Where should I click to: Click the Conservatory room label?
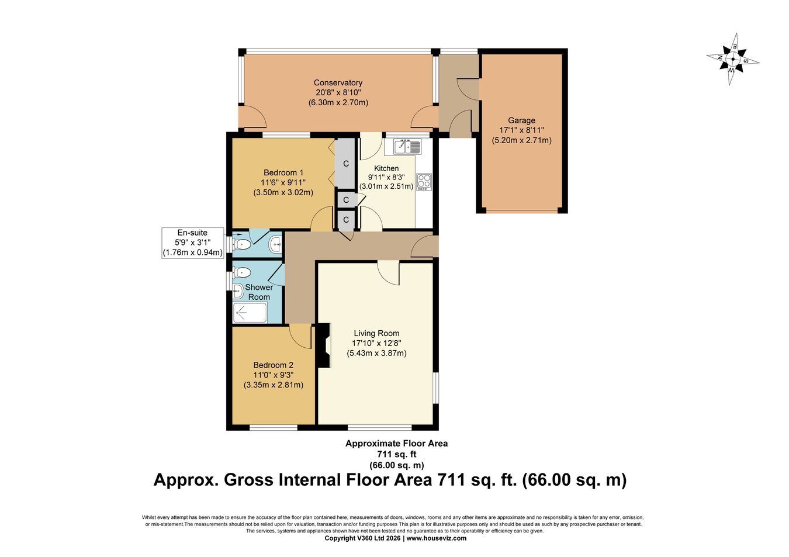(x=338, y=83)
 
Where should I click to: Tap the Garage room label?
(x=521, y=120)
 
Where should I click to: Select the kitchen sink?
(x=407, y=146)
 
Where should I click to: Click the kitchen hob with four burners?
(x=424, y=182)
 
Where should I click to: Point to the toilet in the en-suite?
(x=241, y=244)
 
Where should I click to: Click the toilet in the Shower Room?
(x=241, y=272)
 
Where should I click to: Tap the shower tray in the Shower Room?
(x=250, y=312)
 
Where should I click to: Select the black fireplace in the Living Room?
(x=324, y=345)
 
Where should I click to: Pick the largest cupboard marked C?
(x=345, y=164)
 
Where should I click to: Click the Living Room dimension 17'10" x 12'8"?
(x=376, y=343)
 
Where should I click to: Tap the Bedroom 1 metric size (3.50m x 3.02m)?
(x=283, y=193)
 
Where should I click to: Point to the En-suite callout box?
(x=193, y=243)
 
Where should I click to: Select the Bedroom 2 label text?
(x=273, y=365)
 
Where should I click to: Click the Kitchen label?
(x=386, y=168)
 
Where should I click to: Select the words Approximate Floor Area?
(x=397, y=444)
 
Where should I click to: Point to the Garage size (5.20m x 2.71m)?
(x=521, y=141)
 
